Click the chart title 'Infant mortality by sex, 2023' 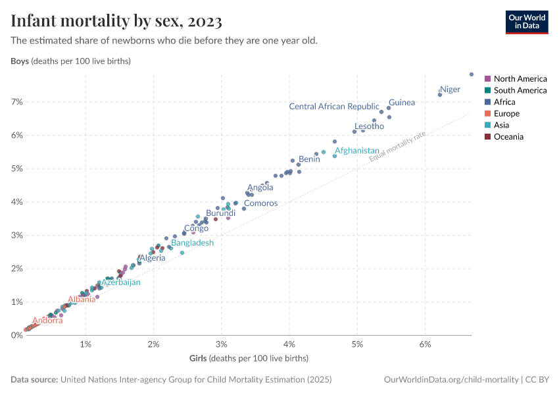(x=116, y=20)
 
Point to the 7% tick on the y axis (x=16, y=102)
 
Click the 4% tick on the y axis (x=16, y=202)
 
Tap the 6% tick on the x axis (x=425, y=345)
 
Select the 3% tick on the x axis (x=221, y=345)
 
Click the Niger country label (x=450, y=90)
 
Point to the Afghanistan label (x=357, y=151)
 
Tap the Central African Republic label (x=334, y=107)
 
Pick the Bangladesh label (x=192, y=243)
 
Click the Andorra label (x=47, y=321)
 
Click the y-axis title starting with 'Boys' (x=70, y=61)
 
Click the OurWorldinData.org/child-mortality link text (x=450, y=380)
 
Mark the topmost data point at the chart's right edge (x=472, y=74)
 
